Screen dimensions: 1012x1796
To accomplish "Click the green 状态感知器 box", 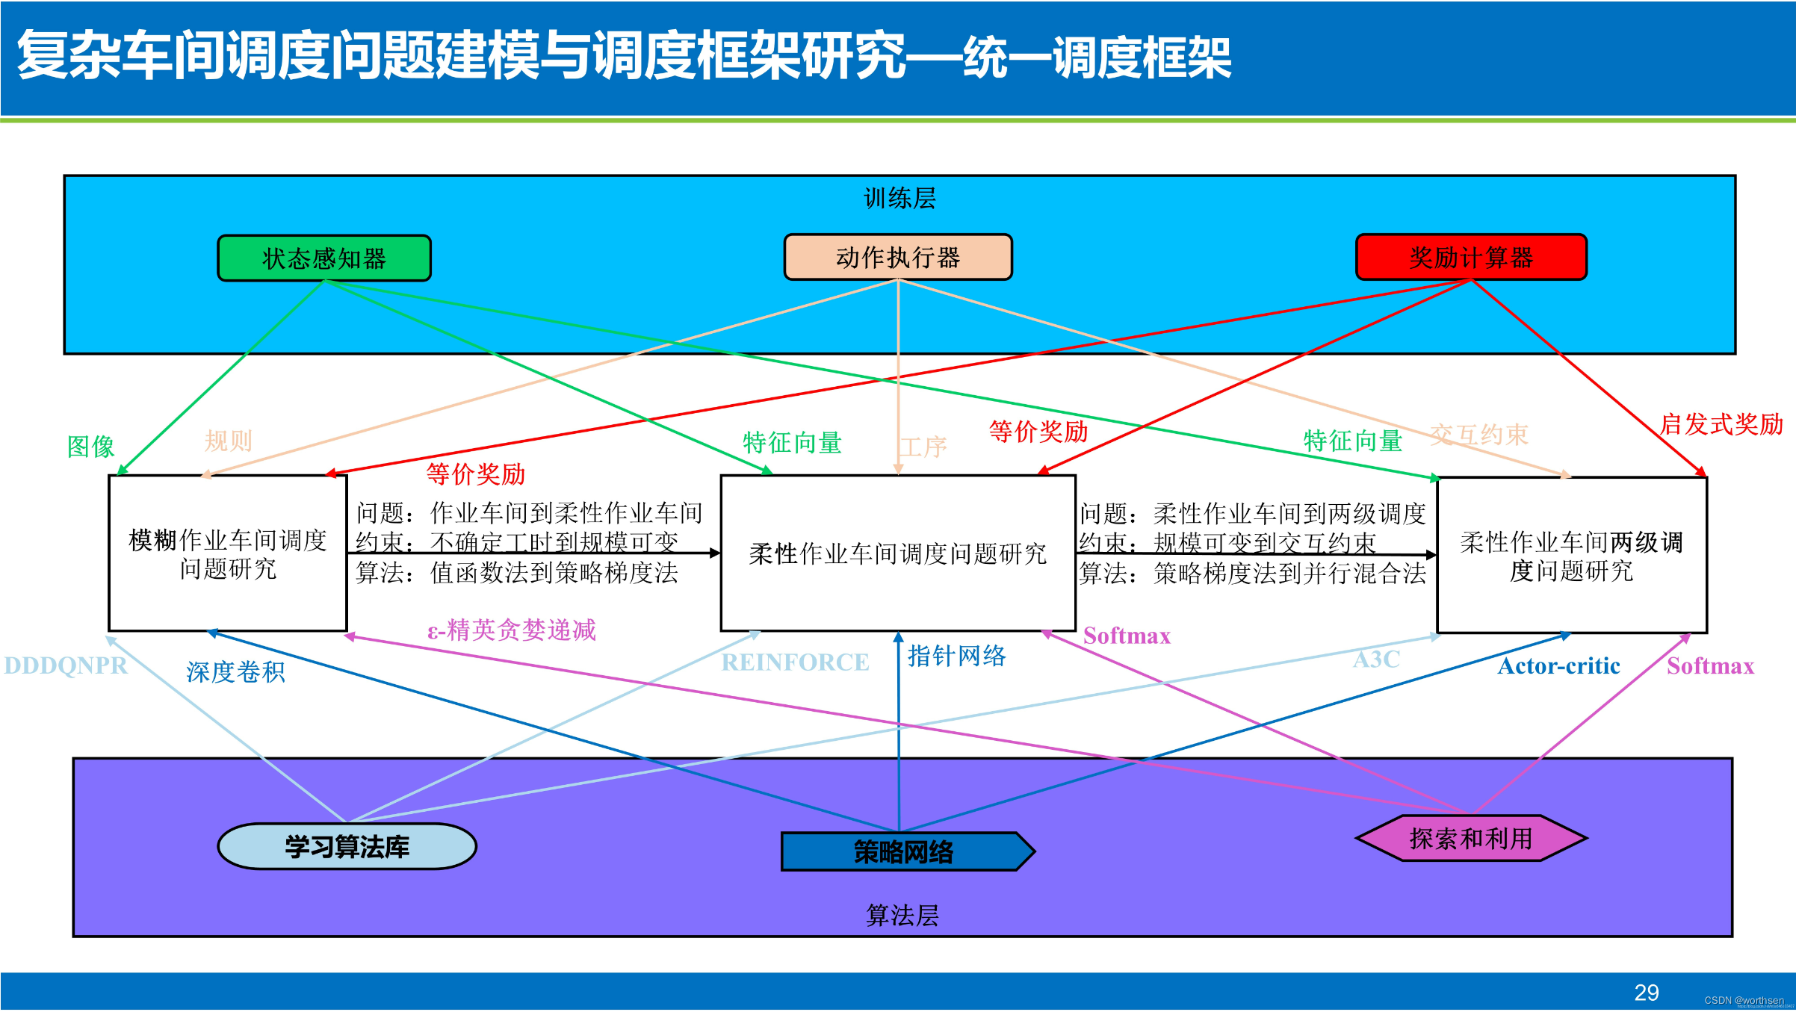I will pos(324,258).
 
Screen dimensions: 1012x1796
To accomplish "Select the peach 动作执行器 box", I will pos(898,258).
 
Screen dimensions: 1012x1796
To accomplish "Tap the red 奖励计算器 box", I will pos(1471,258).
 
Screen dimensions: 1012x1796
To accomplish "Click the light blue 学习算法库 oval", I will pos(347,847).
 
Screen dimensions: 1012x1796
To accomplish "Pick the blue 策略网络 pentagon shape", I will pos(904,852).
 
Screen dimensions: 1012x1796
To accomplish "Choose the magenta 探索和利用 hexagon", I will pos(1471,839).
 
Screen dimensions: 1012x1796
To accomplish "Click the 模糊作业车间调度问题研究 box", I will pos(228,553).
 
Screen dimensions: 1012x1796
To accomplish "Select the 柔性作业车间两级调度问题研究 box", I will pos(1572,556).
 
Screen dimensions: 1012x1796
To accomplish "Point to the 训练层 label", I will pos(899,199).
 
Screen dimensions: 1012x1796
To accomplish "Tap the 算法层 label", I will pos(902,916).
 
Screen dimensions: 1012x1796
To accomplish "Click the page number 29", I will pos(1647,993).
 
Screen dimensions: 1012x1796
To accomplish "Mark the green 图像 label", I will pos(90,447).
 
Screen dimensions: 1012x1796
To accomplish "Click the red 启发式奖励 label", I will pos(1721,424).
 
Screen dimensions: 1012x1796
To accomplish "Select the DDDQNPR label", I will pos(66,665).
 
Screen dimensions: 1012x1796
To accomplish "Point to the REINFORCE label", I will pos(795,662).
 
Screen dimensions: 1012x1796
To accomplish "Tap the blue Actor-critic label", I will pos(1558,666).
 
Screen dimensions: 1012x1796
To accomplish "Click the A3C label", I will pos(1376,659).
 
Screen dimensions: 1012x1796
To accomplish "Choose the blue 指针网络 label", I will pos(957,656).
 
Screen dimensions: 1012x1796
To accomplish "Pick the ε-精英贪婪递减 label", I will pos(512,630).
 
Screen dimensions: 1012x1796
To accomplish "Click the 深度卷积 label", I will pos(235,672).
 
